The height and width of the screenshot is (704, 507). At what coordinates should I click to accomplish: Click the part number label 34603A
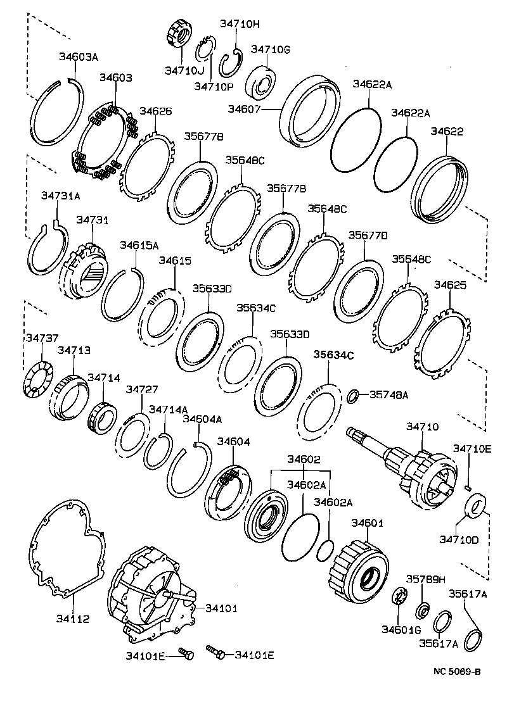tap(79, 58)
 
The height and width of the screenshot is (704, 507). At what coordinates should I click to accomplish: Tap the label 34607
tap(243, 110)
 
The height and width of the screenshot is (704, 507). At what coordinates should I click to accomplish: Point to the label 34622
tap(447, 132)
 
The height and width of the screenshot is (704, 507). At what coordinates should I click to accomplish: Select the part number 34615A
tap(139, 245)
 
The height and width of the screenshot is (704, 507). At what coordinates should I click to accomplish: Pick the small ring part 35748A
tap(352, 396)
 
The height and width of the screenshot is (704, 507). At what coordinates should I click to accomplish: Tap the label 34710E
tap(472, 448)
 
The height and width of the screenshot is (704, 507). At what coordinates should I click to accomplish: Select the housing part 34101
tap(149, 595)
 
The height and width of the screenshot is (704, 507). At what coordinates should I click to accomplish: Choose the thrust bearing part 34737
tap(37, 379)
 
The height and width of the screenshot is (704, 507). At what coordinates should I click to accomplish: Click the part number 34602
tap(304, 459)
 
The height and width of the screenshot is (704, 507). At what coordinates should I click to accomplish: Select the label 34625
tap(450, 286)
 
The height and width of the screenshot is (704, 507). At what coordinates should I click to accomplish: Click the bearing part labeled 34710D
tap(475, 506)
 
